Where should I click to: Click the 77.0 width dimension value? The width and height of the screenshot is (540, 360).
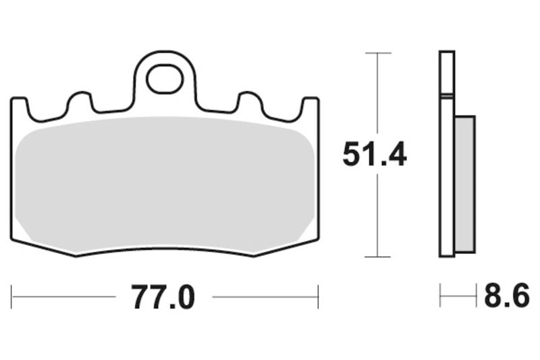(x=163, y=297)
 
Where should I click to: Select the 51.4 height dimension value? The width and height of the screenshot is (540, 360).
(x=375, y=155)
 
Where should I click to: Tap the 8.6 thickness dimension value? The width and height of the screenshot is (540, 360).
(x=506, y=297)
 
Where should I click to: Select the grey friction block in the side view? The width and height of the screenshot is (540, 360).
(x=465, y=182)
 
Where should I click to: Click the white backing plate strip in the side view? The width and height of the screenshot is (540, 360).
(x=446, y=176)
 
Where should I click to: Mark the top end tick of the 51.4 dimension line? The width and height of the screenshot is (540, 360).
(x=377, y=53)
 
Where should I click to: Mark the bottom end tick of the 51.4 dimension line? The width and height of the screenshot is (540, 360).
(x=377, y=257)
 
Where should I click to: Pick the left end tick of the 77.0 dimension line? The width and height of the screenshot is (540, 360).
(x=11, y=297)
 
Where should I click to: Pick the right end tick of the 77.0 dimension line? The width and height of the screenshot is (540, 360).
(x=318, y=297)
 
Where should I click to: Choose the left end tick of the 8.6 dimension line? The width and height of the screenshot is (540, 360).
(x=440, y=296)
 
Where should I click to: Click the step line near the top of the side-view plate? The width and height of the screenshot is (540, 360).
(x=446, y=95)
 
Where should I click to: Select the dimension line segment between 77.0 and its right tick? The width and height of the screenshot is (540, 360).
(x=263, y=297)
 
